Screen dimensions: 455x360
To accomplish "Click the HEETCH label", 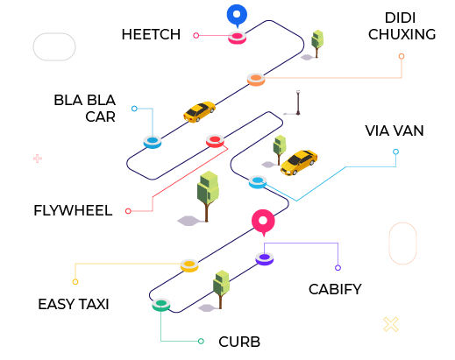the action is pos(151,34).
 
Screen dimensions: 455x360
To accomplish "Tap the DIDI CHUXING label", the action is pos(402,26).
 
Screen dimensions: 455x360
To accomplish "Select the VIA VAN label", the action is pos(395,131).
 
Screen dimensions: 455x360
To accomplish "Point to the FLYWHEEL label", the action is pos(73,210).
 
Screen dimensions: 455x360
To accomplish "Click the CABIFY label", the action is pos(335,289).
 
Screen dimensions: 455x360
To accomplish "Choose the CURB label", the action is pos(239,342).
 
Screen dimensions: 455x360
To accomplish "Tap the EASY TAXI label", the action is pos(74,304).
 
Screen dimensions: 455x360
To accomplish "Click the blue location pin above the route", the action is pos(237,16).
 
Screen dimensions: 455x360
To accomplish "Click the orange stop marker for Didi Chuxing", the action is pos(256,79).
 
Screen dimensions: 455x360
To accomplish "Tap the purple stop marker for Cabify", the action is pos(265,258).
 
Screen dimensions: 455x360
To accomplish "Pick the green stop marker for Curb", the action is pos(161,305).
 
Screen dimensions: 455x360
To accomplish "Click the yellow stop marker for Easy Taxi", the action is pos(189,265).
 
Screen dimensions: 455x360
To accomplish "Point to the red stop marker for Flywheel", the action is pos(215,141).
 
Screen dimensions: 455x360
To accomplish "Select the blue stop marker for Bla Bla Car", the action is pos(153,142).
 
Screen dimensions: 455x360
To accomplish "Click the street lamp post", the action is pos(298,102).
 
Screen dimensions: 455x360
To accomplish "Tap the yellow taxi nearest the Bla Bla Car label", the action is pos(199,111).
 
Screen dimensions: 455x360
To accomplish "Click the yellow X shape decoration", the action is pos(391,324).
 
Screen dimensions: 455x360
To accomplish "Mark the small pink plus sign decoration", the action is pos(38,159).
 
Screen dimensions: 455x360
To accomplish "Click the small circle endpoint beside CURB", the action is pos(201,341).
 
